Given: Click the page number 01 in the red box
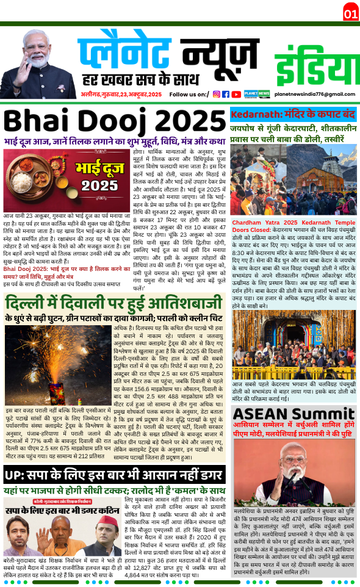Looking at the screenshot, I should coord(350,13).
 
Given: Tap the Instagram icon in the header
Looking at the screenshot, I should coord(216,94).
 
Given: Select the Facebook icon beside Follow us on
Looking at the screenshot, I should coord(226,94).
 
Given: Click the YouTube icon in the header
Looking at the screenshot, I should coord(236,94).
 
